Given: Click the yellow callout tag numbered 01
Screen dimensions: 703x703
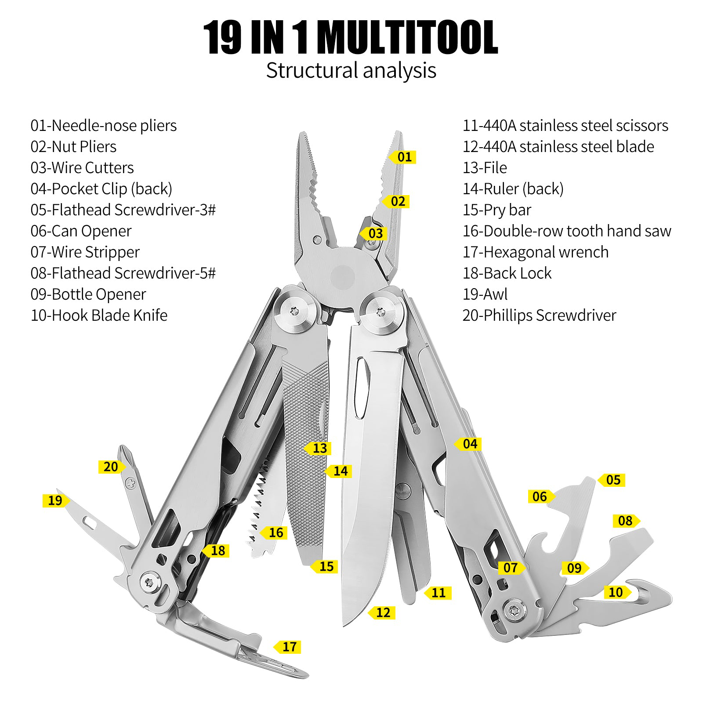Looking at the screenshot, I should pos(403,157).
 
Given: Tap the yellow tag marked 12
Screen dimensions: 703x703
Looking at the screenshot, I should pos(382,612).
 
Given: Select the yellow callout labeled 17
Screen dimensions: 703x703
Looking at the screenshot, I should pos(288,647).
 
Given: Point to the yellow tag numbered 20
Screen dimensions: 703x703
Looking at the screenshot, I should pos(110,467).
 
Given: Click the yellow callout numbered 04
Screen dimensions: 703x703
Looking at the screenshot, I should pos(468,444).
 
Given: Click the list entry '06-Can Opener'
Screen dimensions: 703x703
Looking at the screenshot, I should pos(81,231).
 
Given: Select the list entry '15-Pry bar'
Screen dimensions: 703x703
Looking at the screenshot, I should pos(496,210).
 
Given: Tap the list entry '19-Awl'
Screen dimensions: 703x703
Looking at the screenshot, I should pos(485,294).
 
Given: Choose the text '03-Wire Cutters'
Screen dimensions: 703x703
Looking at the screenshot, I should pos(82,168).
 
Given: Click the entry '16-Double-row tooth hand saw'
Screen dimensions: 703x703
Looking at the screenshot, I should pos(566,231).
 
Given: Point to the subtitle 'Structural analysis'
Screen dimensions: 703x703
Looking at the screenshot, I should pos(351,70).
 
